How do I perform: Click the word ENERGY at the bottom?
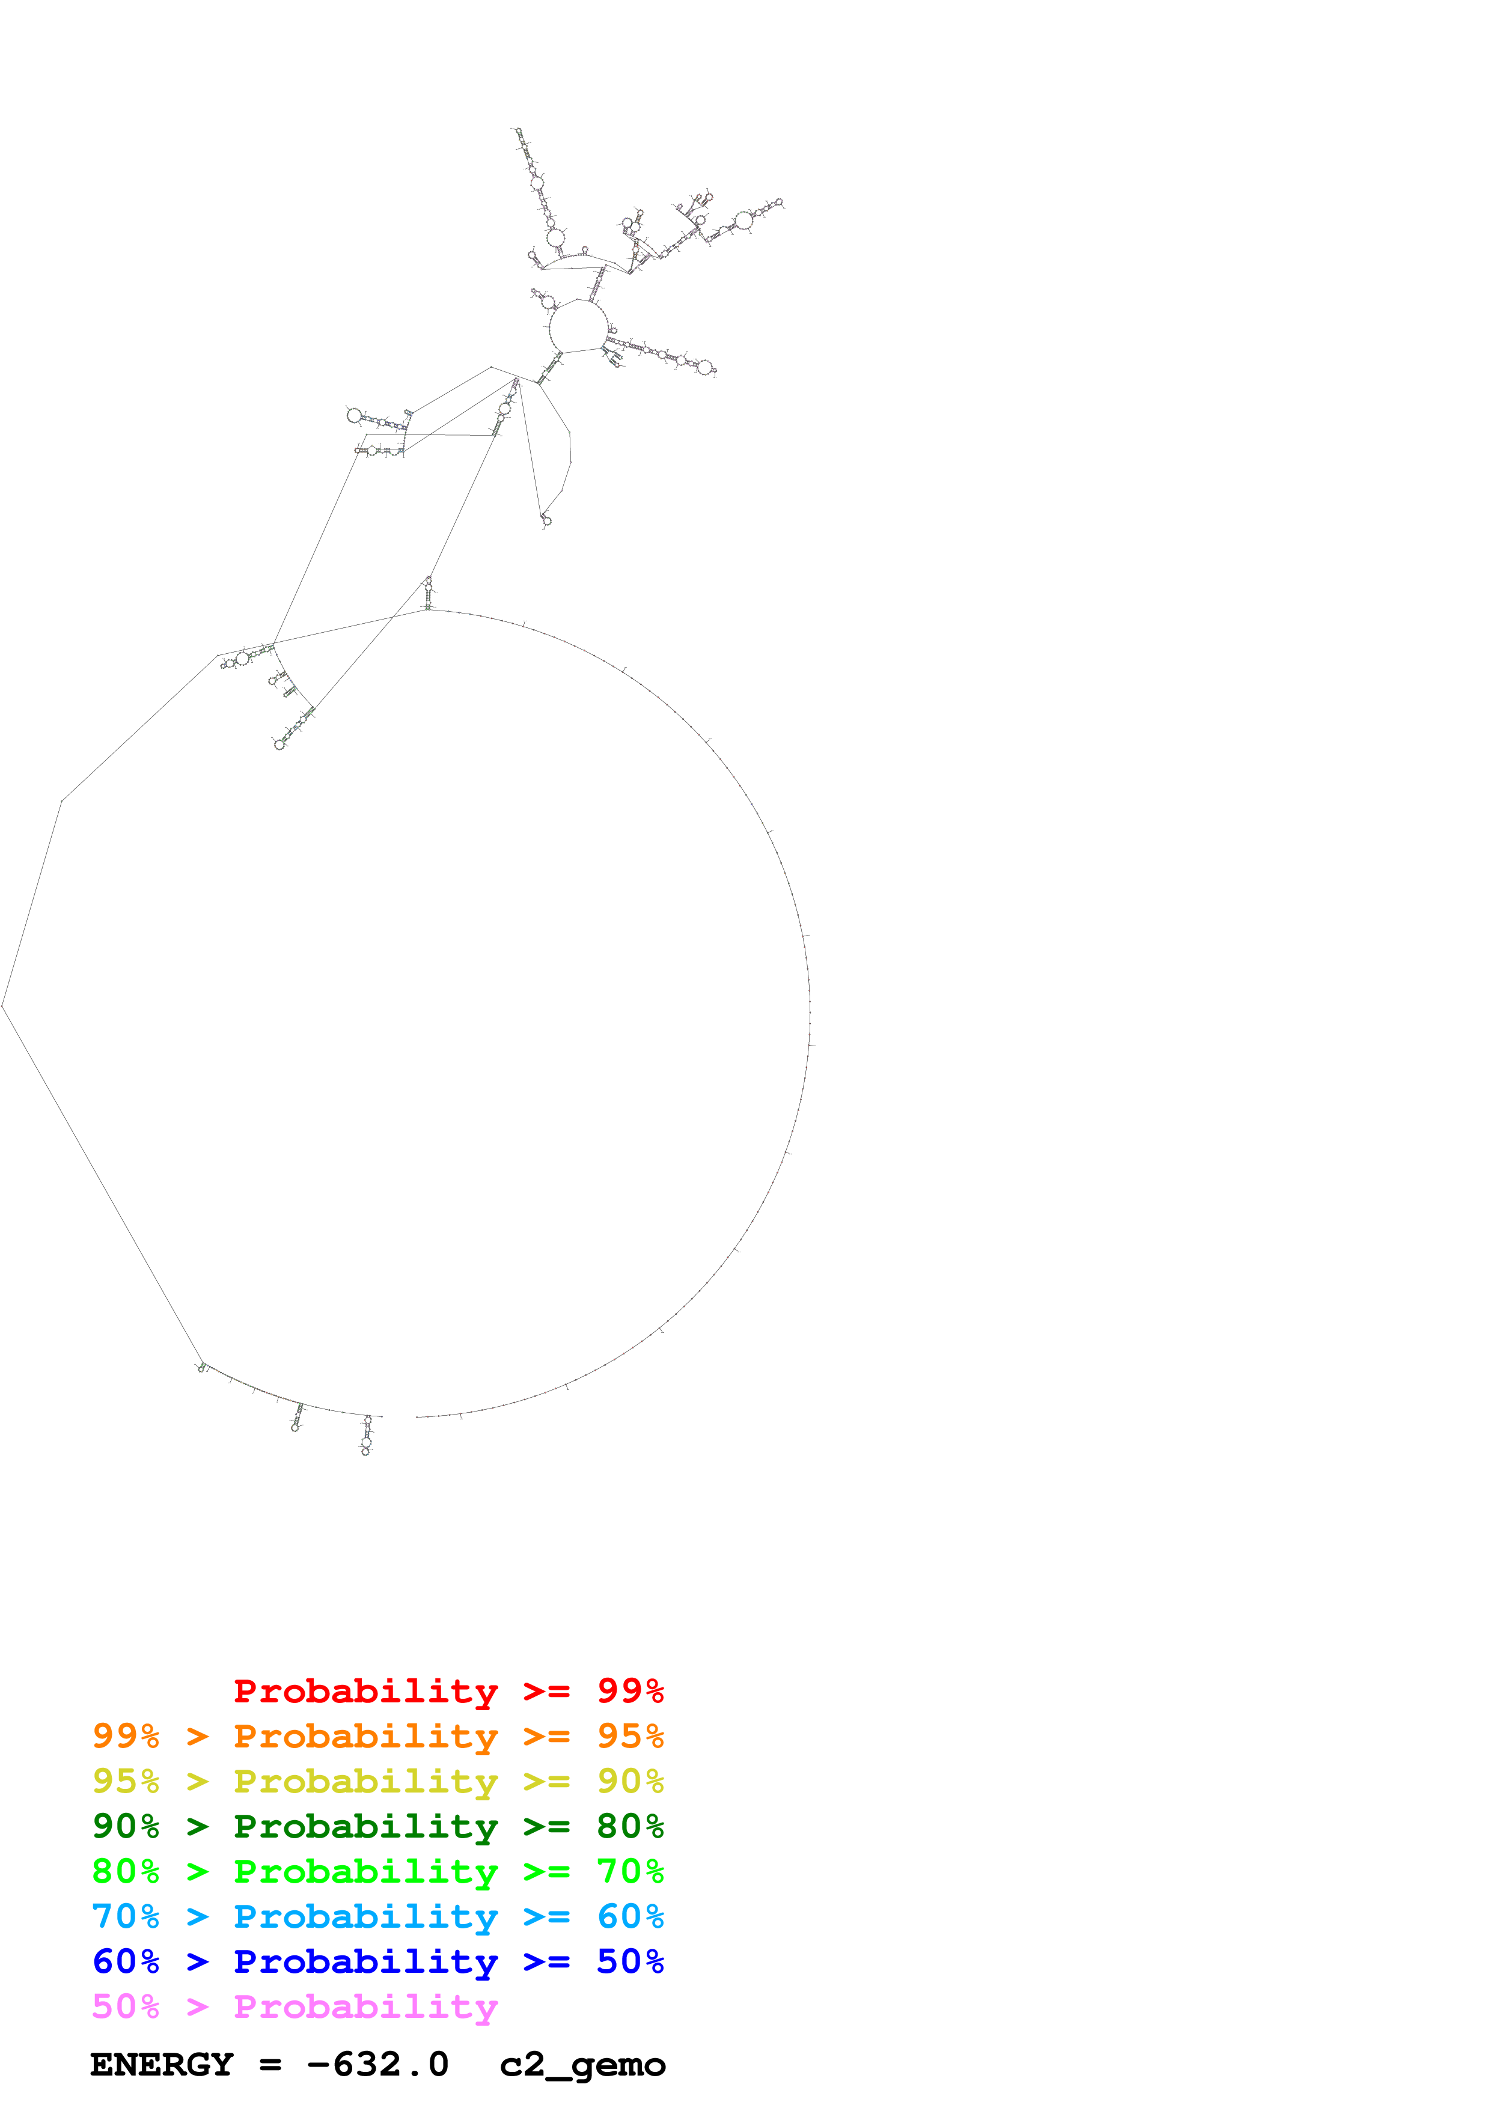(162, 2065)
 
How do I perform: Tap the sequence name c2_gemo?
(582, 2065)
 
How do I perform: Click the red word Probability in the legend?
(365, 1691)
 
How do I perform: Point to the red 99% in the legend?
(630, 1691)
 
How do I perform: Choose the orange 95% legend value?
(630, 1736)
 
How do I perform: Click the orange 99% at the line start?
(126, 1736)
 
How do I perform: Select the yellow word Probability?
(365, 1781)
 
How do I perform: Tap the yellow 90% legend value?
(630, 1781)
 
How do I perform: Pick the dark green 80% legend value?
(630, 1826)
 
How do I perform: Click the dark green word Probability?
(365, 1826)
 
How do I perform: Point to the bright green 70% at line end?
(630, 1871)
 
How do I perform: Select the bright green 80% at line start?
(126, 1871)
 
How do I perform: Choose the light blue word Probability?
(365, 1916)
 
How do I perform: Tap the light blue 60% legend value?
(630, 1916)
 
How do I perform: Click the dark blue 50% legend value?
(630, 1961)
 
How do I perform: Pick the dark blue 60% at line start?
(126, 1961)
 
